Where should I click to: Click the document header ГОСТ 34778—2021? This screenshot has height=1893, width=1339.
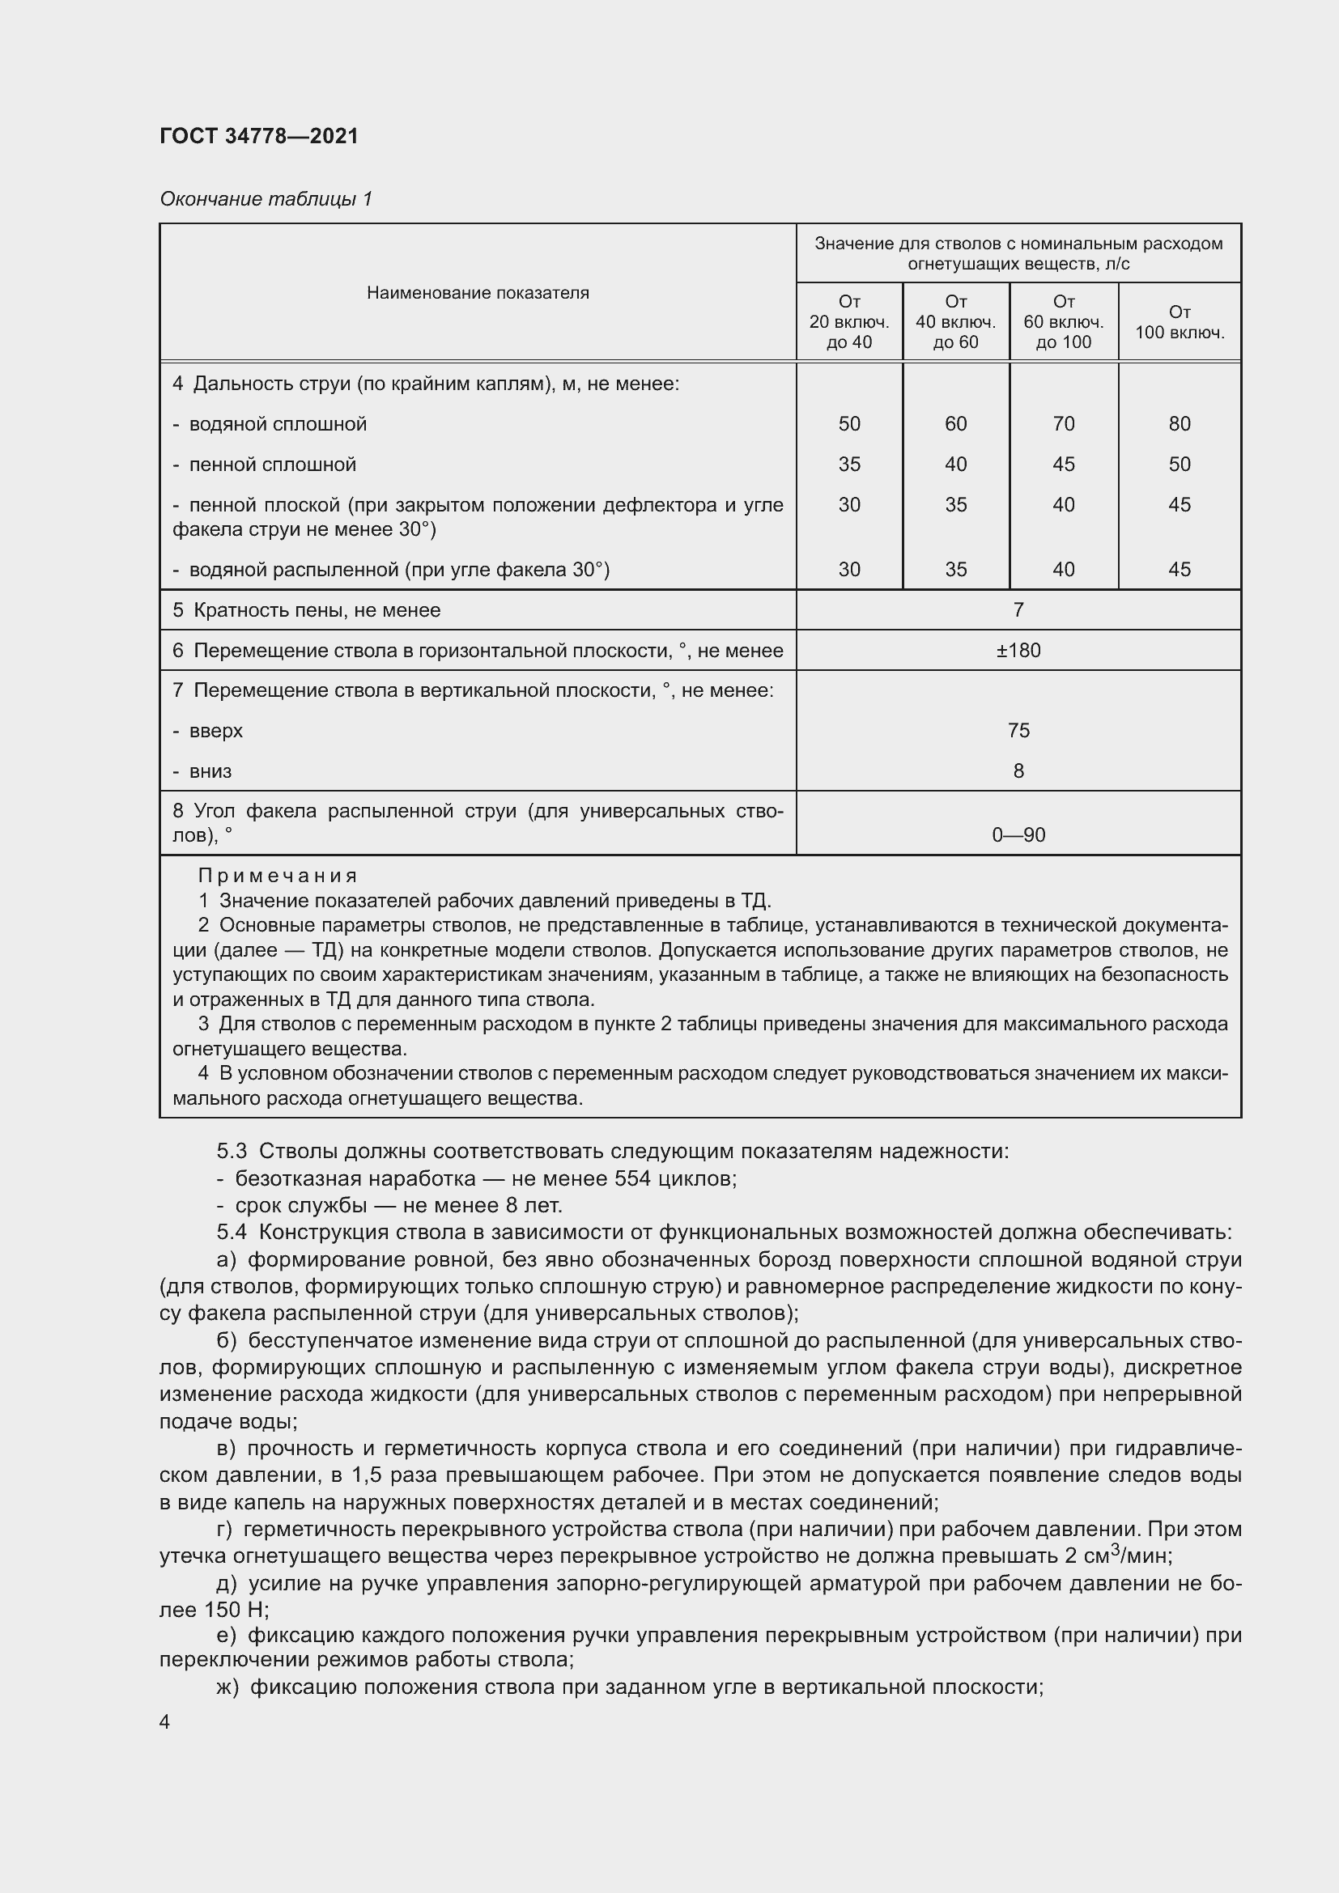[259, 136]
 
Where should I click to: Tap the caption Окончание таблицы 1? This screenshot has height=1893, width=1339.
[266, 199]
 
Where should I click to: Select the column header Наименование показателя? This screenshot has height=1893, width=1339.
[478, 293]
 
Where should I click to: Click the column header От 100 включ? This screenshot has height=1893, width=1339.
[1179, 322]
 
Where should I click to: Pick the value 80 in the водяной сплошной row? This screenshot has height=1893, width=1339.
[1179, 424]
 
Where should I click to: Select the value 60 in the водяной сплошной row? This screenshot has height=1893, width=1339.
[954, 424]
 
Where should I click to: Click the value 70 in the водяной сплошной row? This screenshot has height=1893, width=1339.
[1063, 424]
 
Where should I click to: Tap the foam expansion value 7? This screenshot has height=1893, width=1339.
[1018, 610]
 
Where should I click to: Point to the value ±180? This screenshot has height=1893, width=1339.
[1018, 651]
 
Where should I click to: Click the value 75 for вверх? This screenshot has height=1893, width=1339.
[1018, 731]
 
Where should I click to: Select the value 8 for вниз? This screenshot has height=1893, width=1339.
[1018, 771]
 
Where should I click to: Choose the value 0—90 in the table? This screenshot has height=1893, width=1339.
[1018, 835]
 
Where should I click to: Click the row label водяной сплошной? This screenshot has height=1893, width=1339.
[277, 424]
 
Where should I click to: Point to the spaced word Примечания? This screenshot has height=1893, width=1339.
[278, 876]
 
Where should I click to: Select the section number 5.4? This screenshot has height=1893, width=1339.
[232, 1233]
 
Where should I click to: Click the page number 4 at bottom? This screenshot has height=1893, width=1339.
[165, 1722]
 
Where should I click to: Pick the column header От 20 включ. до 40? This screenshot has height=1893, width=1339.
[848, 322]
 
